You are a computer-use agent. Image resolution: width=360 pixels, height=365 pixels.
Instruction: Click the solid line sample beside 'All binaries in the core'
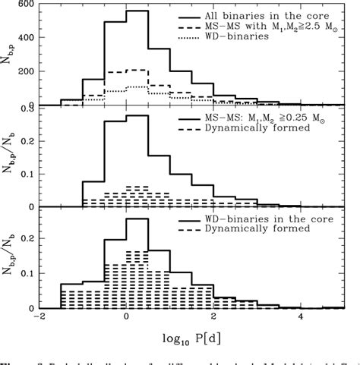(193, 16)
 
